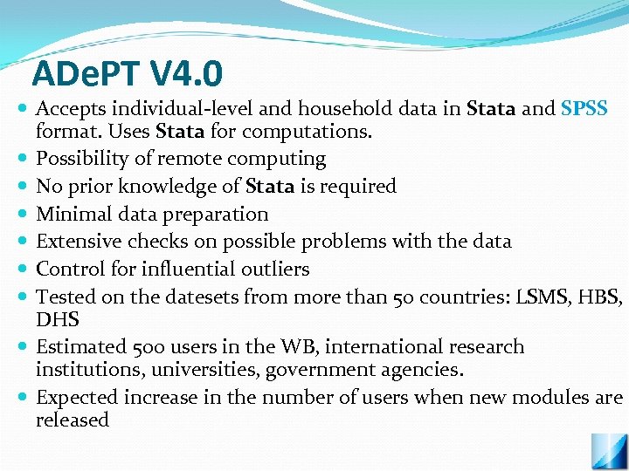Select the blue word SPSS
[x=584, y=109]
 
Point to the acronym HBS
[x=601, y=297]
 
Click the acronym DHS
[x=58, y=319]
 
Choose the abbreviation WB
[x=302, y=346]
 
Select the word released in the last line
[x=73, y=420]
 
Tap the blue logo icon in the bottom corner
[x=608, y=453]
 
